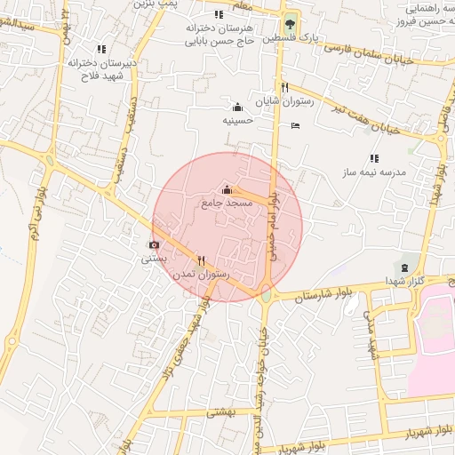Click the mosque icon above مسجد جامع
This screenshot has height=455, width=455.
(227, 189)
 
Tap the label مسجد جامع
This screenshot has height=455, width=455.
(228, 204)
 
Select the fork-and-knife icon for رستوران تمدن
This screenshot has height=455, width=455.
(201, 261)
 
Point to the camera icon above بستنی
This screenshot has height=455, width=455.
(154, 244)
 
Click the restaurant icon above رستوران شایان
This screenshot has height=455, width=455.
(284, 87)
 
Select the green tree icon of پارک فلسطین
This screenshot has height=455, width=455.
(289, 25)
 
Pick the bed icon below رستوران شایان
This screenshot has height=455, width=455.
(296, 125)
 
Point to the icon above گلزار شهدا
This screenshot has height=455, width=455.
(406, 267)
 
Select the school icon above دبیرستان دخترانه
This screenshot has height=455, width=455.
(100, 49)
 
